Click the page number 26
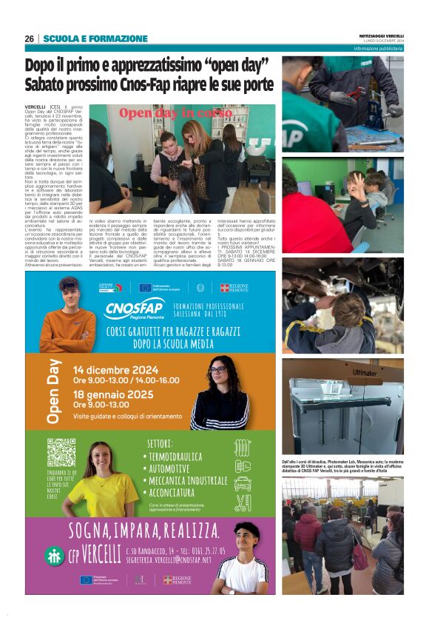(x=29, y=38)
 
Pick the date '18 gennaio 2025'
(x=115, y=394)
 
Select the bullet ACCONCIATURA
(x=183, y=491)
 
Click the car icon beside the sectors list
(x=243, y=484)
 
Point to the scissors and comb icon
(x=243, y=503)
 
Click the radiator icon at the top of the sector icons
(x=243, y=448)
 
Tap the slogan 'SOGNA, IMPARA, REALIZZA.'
(x=143, y=531)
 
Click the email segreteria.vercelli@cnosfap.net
(x=169, y=559)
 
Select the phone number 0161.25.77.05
(x=197, y=550)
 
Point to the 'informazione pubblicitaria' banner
(x=377, y=48)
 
